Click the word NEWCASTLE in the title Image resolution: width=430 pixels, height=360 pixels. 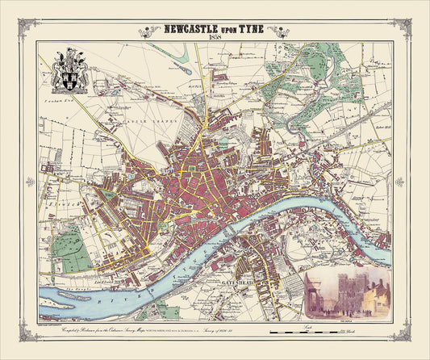(x=190, y=31)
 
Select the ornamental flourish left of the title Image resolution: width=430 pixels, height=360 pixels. (x=150, y=32)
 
